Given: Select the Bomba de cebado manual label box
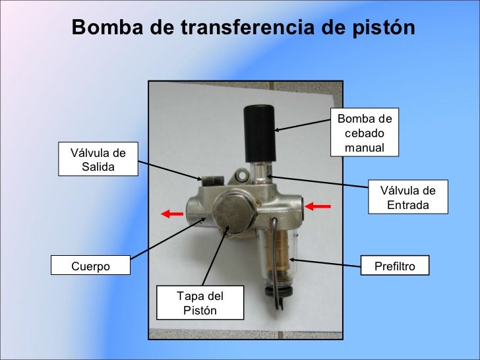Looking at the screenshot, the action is pyautogui.click(x=364, y=133).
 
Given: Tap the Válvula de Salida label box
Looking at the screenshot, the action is pyautogui.click(x=98, y=159).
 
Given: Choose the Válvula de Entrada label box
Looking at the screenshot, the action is pyautogui.click(x=407, y=198).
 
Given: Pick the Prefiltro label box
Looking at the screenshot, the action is pyautogui.click(x=396, y=266).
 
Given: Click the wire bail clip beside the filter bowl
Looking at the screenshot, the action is pyautogui.click(x=276, y=264).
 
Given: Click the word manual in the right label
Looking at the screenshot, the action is pyautogui.click(x=364, y=148).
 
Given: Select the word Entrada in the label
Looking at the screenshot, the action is pyautogui.click(x=407, y=205).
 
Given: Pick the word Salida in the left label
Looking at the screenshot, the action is pyautogui.click(x=98, y=166).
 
